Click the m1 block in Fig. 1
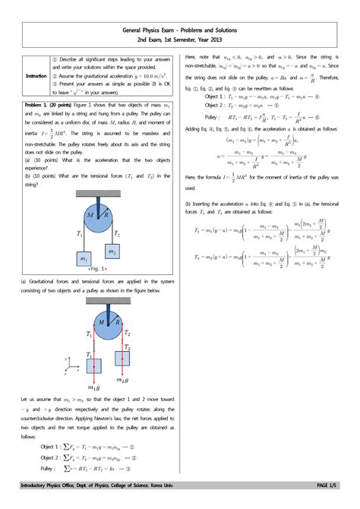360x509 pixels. point(84,259)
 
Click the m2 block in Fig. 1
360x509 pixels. point(112,251)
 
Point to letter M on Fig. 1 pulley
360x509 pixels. point(90,216)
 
